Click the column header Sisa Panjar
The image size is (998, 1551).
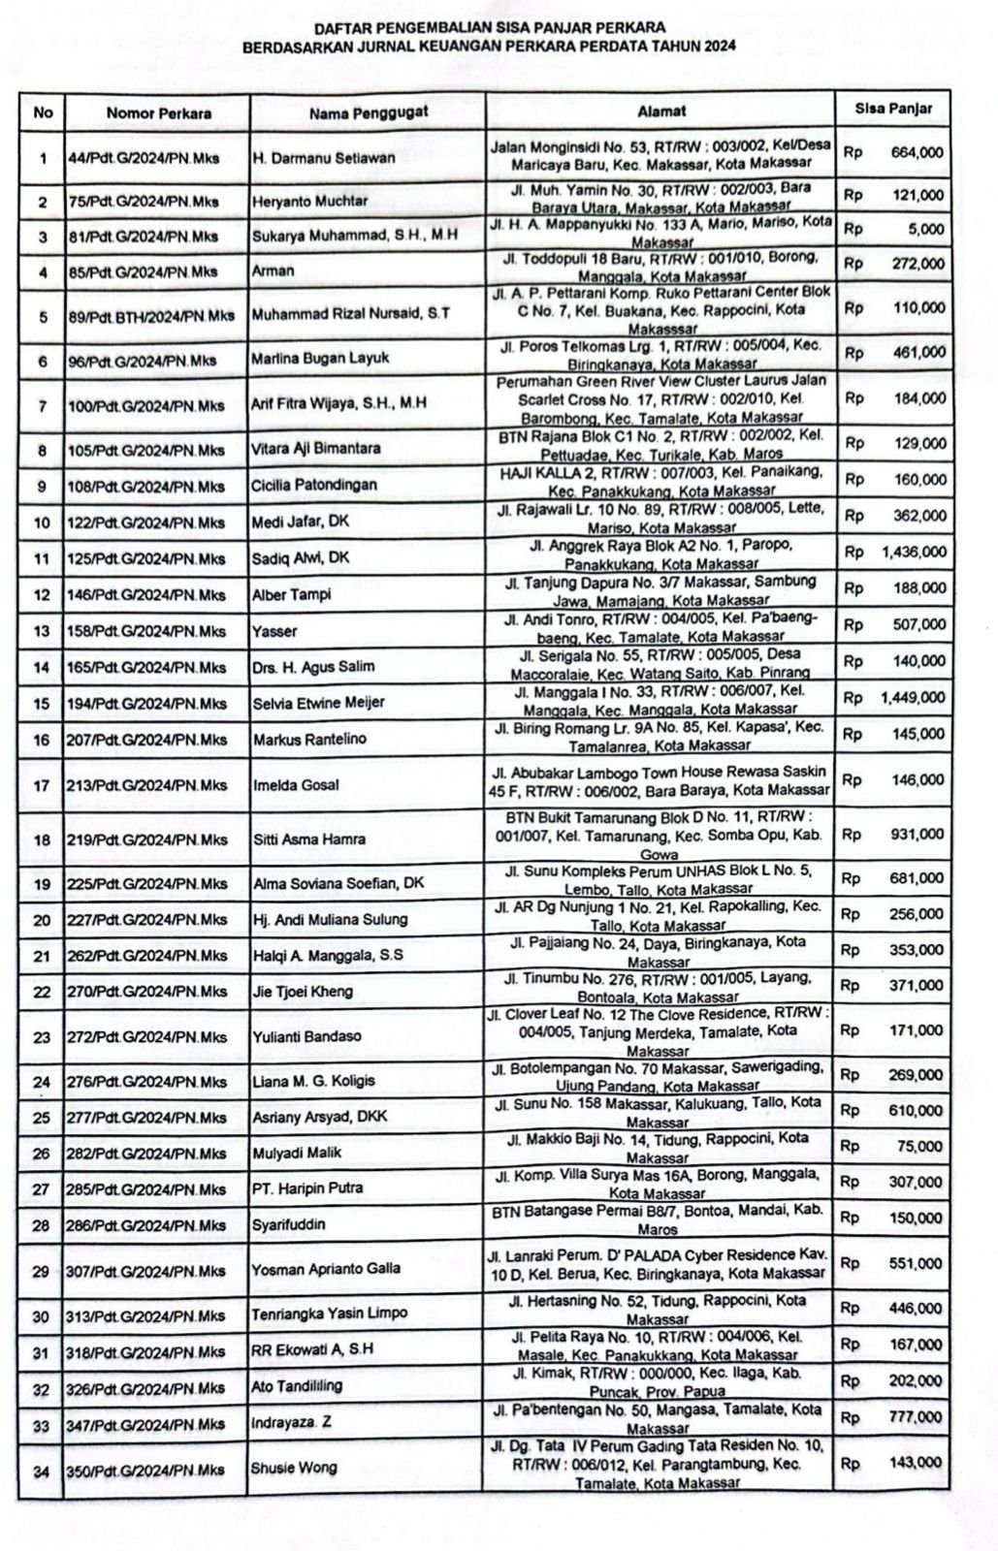tap(892, 109)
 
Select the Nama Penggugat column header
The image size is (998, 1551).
tap(369, 112)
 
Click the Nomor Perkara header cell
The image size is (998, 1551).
tap(159, 113)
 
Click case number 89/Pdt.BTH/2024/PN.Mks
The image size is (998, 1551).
tap(150, 315)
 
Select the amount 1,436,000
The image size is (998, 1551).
tap(914, 552)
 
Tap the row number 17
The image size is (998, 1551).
tap(42, 785)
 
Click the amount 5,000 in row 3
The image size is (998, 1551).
tap(927, 230)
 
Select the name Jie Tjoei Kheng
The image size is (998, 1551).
tap(303, 991)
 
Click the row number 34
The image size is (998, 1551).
tap(42, 1472)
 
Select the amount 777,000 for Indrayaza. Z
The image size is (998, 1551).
tap(917, 1417)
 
